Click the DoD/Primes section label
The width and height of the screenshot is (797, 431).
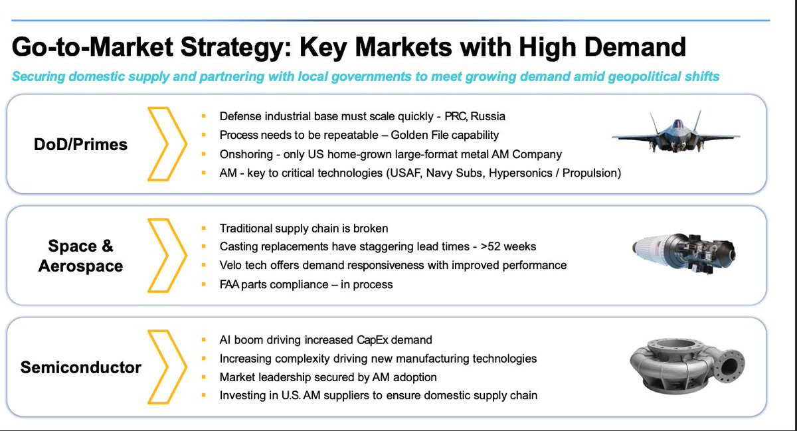(x=80, y=145)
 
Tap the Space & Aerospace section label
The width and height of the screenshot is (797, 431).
(x=80, y=256)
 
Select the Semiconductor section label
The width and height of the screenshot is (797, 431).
(x=80, y=367)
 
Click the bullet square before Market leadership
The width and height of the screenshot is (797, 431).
(x=204, y=377)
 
